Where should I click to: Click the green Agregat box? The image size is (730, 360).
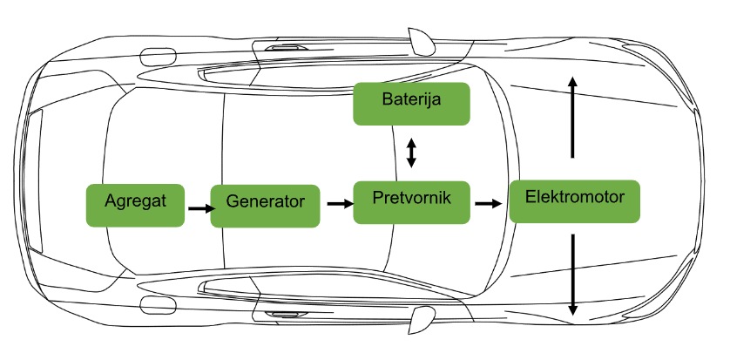[x=135, y=205]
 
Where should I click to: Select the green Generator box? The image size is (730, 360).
[x=265, y=205]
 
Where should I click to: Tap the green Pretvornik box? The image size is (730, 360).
[x=412, y=202]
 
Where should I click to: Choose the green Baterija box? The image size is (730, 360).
[x=411, y=103]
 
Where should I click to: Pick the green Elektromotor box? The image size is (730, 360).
[x=575, y=200]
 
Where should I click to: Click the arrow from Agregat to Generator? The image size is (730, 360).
[x=199, y=208]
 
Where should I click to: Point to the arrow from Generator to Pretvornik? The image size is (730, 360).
[x=339, y=204]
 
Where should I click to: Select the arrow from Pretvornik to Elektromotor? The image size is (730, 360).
[x=488, y=204]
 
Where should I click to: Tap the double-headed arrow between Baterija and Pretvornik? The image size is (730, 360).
[x=412, y=153]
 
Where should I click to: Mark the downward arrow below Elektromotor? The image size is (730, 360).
[x=572, y=275]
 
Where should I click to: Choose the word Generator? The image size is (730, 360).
[x=265, y=201]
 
